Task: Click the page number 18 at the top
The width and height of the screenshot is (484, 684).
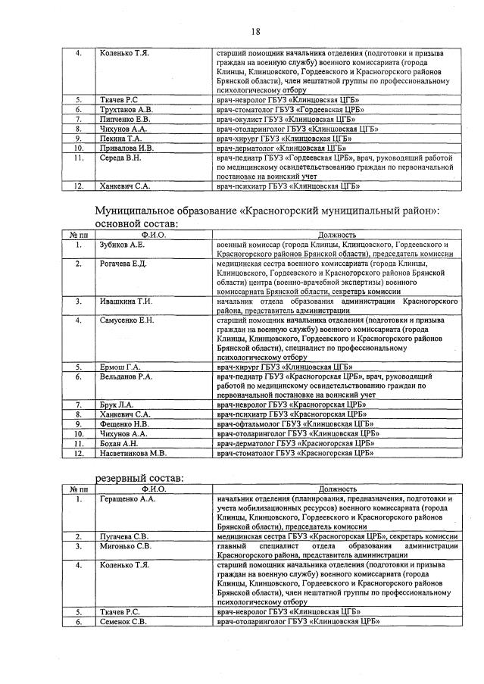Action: (255, 31)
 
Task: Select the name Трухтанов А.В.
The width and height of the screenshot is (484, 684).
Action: (126, 109)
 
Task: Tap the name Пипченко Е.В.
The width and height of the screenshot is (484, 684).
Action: (125, 119)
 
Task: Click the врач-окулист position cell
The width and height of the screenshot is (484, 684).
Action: (285, 119)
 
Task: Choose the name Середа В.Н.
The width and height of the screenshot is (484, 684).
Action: (120, 158)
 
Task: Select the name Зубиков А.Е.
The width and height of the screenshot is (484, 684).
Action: (122, 245)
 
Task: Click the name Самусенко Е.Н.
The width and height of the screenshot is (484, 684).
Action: (126, 320)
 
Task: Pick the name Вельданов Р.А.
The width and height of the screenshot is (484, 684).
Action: (126, 376)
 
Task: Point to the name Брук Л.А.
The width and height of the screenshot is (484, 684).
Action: (117, 405)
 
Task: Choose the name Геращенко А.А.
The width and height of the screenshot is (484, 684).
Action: (127, 500)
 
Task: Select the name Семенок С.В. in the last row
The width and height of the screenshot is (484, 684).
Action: (123, 621)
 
